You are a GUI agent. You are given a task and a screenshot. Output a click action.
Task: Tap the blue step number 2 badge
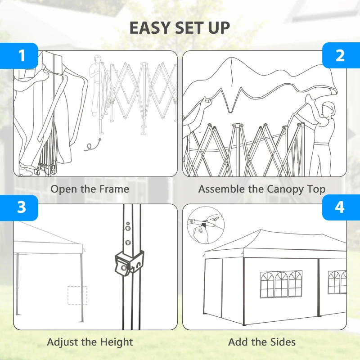coord(341,55)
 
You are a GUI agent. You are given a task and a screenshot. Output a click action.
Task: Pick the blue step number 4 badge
coord(341,207)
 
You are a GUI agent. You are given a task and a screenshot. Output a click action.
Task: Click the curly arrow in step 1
coord(93,145)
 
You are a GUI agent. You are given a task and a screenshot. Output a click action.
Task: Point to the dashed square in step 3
coord(77,295)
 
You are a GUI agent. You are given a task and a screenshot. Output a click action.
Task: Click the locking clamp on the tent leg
coord(129,263)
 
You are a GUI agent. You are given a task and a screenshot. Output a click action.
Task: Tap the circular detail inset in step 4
coord(206,225)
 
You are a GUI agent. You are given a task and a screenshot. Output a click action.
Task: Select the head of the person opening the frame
coord(98,59)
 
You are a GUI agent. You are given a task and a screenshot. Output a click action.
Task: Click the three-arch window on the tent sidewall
coord(281,284)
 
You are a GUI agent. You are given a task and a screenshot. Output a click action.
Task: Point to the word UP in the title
coord(219,28)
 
